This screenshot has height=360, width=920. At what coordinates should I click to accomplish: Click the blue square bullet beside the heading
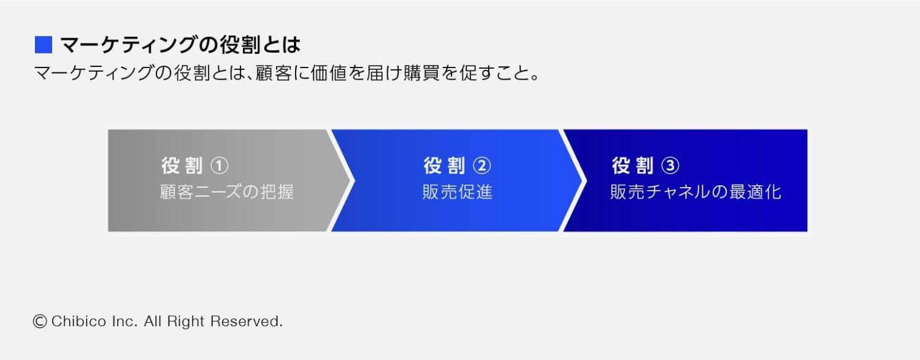pos(43,45)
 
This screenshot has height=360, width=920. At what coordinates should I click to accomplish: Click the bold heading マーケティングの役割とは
pos(180,45)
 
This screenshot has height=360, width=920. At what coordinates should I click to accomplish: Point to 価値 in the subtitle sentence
pos(343,75)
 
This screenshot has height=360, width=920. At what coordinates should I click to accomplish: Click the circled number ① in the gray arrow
pos(219,166)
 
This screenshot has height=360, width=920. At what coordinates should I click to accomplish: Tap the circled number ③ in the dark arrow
pos(670,166)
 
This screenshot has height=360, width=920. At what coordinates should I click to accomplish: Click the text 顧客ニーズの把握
pos(226,192)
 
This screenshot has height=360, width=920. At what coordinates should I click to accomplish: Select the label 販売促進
pos(457,192)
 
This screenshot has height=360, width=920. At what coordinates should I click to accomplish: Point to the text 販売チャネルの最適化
pos(696,192)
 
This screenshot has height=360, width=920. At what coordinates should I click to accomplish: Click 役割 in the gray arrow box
pos(182,166)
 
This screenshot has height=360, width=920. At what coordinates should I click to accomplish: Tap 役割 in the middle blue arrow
pos(444,166)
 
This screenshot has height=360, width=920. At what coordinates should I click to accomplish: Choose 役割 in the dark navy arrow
pos(632,166)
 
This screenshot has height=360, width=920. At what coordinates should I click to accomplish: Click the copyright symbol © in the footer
pos(40,321)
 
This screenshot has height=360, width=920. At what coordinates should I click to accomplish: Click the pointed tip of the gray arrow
pos(353,180)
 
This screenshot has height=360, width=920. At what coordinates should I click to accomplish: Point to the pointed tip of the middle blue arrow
pos(583,180)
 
